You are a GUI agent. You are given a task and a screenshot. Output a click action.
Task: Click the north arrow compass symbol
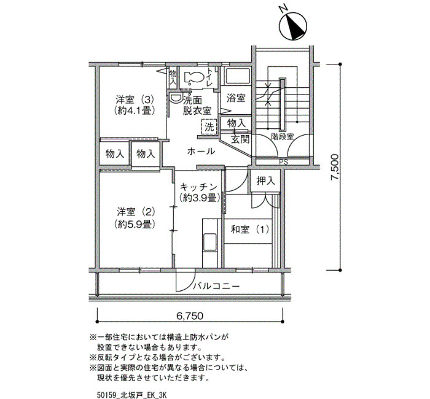tap(292, 26)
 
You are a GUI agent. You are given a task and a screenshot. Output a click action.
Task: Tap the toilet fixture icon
tap(193, 77)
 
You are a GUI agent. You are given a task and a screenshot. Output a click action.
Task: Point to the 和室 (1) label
tap(250, 229)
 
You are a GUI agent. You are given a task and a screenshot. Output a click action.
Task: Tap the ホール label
tap(201, 151)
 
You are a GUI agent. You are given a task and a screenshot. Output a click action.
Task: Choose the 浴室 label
tap(236, 98)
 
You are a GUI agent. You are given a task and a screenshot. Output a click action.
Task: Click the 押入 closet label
tap(265, 181)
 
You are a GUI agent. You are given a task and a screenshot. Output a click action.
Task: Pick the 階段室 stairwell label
tap(283, 136)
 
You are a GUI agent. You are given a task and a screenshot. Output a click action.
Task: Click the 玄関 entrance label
tap(240, 139)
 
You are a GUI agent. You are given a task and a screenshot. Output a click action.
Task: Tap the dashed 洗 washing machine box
tap(209, 127)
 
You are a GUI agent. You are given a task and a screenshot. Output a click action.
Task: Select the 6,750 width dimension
tap(190, 316)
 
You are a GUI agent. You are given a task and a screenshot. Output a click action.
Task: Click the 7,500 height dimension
tap(335, 167)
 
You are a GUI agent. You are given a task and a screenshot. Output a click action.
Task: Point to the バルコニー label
tap(216, 287)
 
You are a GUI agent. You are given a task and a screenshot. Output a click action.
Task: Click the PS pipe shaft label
tap(284, 162)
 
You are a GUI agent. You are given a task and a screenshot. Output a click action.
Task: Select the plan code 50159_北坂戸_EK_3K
tap(131, 395)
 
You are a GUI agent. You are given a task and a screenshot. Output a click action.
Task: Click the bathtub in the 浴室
tap(238, 76)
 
